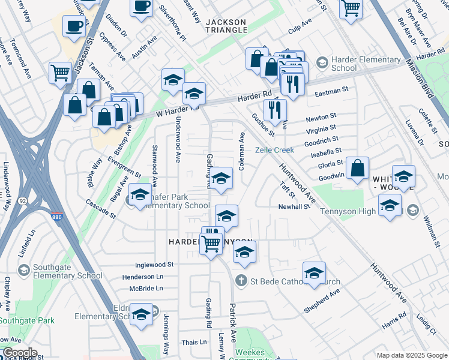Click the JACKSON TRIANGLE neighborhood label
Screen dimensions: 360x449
(226, 25)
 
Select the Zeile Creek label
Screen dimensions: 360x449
(276, 150)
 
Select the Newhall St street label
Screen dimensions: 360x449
(294, 207)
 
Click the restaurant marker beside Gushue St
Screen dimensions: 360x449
(275, 109)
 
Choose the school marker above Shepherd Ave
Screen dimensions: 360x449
(314, 272)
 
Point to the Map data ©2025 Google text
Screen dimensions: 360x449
(412, 355)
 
